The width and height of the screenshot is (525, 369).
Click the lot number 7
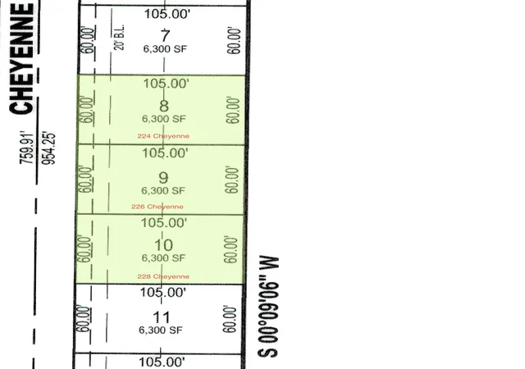[x=165, y=35]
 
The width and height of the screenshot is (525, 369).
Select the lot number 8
[x=164, y=106]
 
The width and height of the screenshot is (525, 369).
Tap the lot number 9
[x=163, y=177]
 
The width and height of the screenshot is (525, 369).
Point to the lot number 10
[x=163, y=245]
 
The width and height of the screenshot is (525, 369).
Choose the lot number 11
[x=162, y=317]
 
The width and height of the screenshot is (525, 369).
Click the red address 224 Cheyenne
[x=163, y=136]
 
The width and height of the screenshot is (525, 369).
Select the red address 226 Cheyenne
[x=157, y=207]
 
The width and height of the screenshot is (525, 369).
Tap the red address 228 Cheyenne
[x=163, y=276]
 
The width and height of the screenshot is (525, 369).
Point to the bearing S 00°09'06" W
[x=268, y=307]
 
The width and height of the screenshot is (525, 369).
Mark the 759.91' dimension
[x=27, y=148]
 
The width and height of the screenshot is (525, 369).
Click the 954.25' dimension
[x=48, y=149]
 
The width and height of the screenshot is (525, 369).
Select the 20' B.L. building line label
[x=120, y=37]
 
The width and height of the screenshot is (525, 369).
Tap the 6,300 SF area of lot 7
[x=165, y=49]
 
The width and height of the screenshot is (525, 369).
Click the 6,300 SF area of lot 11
[x=161, y=330]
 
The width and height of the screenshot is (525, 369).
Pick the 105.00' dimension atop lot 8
[x=167, y=84]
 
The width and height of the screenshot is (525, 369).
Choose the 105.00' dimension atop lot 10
[x=164, y=223]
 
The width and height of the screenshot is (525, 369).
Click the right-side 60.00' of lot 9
[x=232, y=180]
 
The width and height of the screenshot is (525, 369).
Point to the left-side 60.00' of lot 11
[x=84, y=319]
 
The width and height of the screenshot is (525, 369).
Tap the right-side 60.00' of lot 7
[x=235, y=41]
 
